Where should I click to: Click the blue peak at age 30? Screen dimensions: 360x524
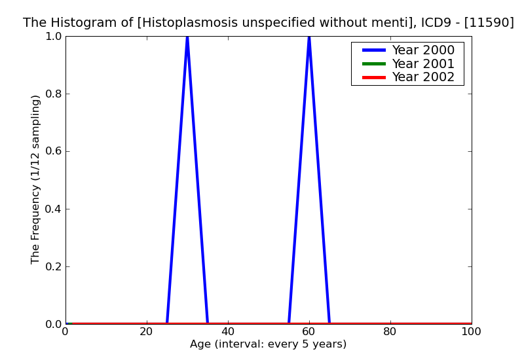[187, 38]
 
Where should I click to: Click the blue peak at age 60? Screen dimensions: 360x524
[309, 38]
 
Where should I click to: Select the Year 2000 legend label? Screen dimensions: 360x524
[422, 50]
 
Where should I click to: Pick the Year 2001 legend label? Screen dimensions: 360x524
[422, 63]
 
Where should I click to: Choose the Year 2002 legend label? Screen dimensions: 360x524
[422, 77]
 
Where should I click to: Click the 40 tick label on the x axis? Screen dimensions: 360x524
[228, 331]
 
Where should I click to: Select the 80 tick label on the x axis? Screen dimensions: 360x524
[390, 331]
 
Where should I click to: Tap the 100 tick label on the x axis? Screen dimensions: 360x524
[471, 331]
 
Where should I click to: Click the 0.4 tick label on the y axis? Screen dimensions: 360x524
[52, 209]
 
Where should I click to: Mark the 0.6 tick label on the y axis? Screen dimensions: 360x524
[52, 151]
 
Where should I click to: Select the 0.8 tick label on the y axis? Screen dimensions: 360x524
[52, 94]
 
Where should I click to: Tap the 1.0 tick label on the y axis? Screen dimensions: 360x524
[52, 36]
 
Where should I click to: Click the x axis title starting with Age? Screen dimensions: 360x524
[268, 344]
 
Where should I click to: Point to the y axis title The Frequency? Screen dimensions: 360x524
[36, 179]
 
